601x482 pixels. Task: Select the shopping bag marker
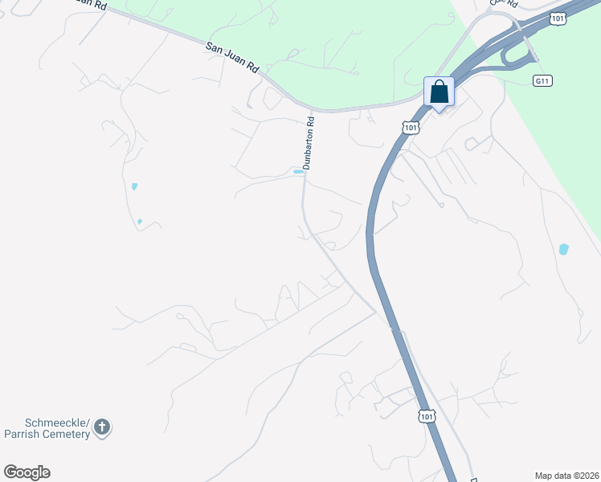[440, 92]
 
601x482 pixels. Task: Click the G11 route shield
[543, 81]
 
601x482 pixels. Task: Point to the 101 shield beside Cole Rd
[558, 16]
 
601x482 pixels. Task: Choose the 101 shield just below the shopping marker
[411, 128]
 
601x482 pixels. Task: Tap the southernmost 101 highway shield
[427, 416]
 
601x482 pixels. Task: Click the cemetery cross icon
[102, 427]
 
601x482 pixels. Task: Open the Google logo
[27, 472]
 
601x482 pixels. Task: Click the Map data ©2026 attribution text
[566, 475]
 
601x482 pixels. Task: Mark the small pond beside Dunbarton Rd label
[298, 171]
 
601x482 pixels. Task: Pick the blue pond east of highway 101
[563, 249]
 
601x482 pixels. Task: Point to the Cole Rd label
[502, 4]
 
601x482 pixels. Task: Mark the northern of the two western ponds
[134, 186]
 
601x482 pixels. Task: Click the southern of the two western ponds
[140, 221]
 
